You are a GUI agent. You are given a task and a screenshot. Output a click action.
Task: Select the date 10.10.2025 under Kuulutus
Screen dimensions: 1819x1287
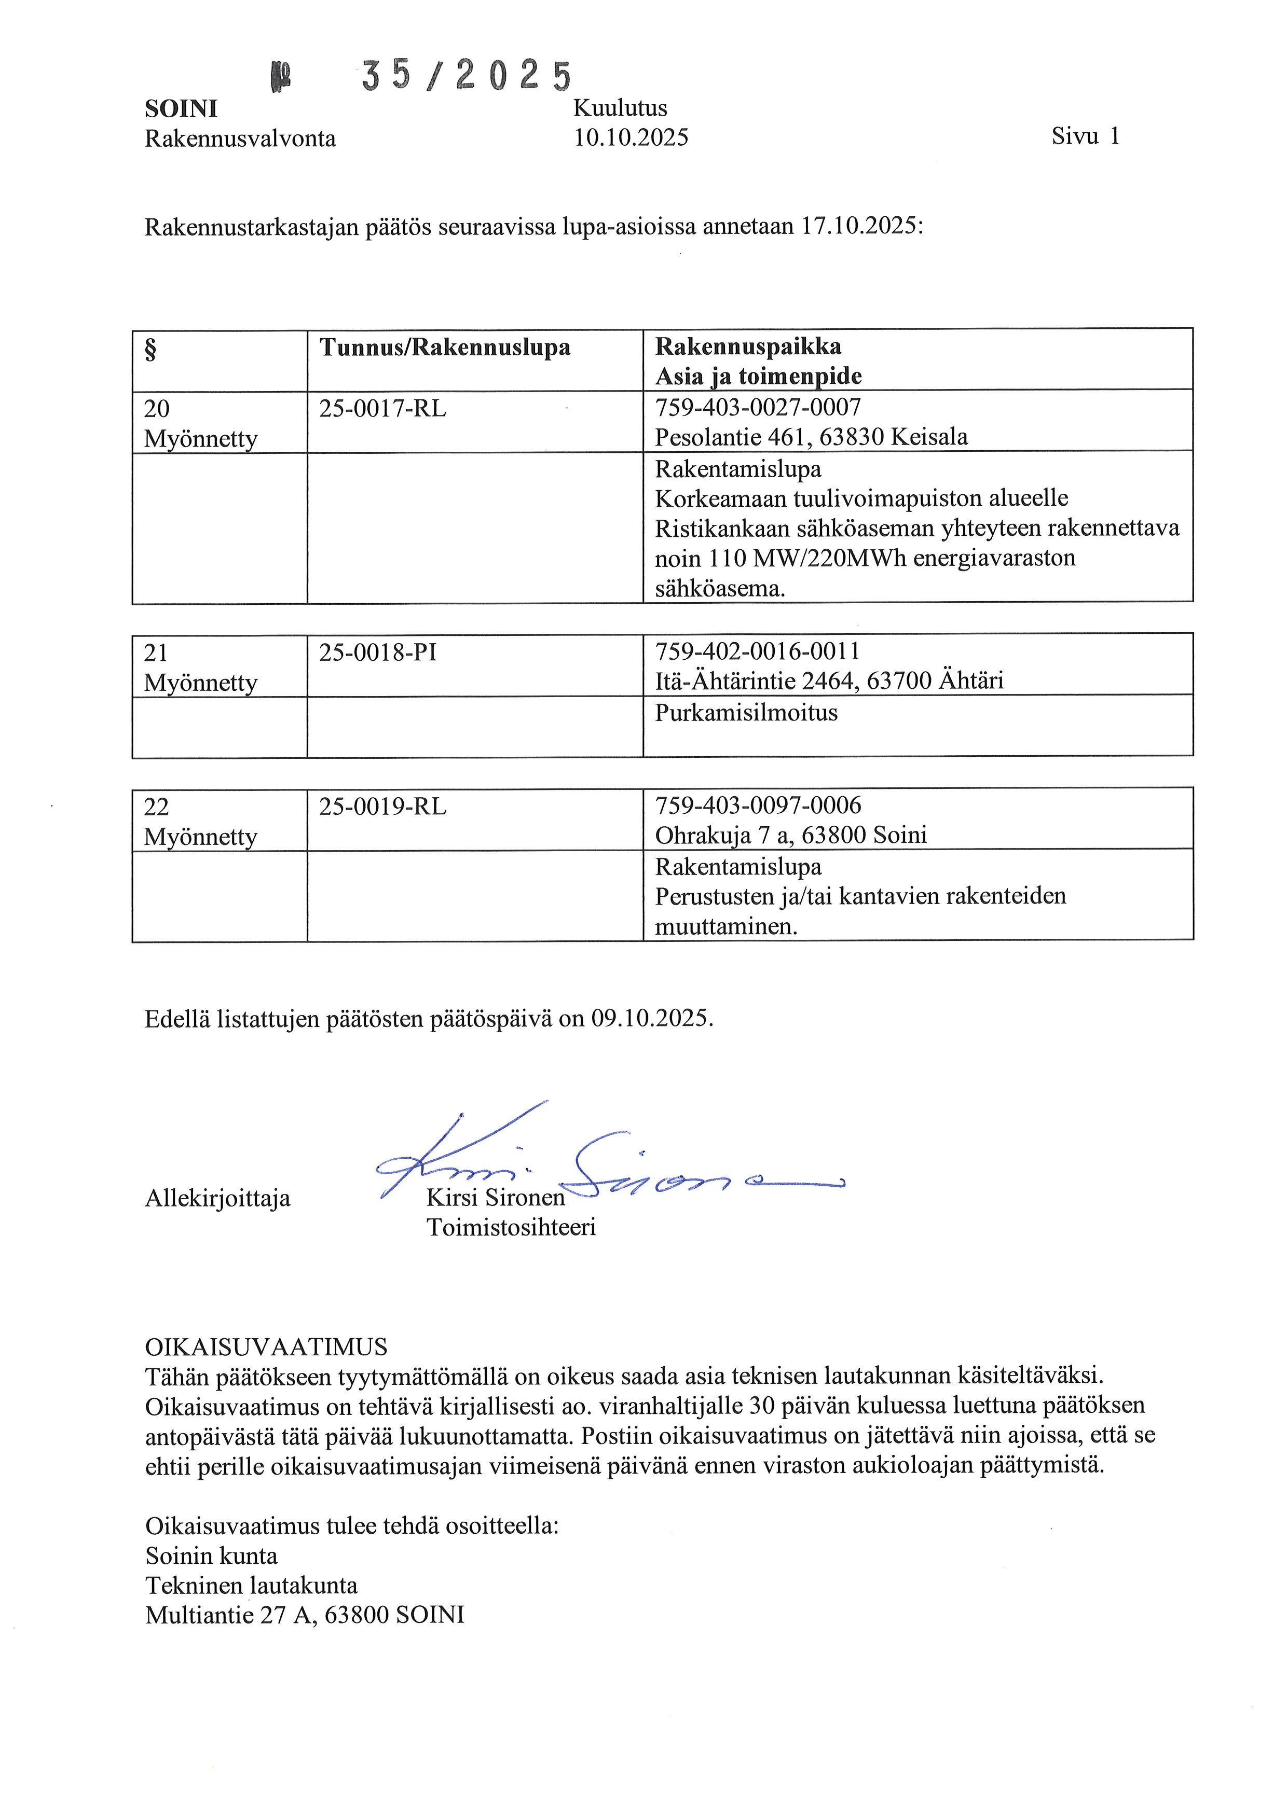631,138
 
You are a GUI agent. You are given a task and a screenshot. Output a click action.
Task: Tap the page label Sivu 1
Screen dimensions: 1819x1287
1085,136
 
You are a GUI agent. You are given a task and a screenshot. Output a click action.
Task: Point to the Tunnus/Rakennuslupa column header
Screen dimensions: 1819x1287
445,347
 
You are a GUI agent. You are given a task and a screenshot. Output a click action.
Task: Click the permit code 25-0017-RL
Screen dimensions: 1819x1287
383,409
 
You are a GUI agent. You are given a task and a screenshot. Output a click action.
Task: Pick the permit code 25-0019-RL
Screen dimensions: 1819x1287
383,807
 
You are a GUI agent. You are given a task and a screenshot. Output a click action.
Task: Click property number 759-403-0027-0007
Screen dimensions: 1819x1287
758,407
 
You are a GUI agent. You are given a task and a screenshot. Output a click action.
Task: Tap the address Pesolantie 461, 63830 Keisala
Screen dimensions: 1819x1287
811,437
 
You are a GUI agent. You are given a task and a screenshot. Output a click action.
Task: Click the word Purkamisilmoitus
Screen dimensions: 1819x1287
746,713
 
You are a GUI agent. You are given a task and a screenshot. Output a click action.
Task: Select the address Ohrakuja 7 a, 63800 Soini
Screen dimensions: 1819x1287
790,835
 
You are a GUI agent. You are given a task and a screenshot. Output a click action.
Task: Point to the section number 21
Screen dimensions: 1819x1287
156,653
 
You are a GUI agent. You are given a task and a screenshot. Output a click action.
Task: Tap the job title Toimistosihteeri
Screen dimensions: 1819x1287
511,1228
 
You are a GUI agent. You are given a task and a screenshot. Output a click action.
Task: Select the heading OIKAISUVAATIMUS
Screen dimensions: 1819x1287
266,1347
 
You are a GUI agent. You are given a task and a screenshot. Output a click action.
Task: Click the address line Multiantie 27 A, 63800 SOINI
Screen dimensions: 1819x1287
304,1615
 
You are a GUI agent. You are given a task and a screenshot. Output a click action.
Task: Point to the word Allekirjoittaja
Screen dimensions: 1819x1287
218,1199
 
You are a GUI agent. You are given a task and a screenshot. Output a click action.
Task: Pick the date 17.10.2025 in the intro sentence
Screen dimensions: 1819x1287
860,227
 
